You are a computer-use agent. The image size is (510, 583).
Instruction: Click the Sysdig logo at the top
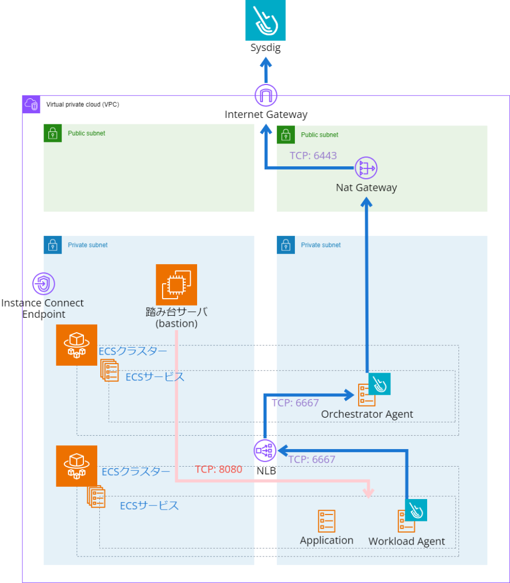coord(266,20)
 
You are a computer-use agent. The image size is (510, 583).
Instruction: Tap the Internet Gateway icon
coord(266,96)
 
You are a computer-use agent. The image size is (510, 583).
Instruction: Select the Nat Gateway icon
coord(366,168)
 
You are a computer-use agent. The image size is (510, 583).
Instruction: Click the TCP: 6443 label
coord(313,156)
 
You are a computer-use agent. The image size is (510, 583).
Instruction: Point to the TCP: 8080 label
coord(218,469)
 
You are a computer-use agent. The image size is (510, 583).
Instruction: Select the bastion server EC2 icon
coord(176,284)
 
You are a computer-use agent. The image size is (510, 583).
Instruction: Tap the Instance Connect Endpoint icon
coord(44,284)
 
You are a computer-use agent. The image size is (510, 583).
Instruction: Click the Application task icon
coord(326,521)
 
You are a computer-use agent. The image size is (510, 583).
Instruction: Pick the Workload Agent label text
coord(406,542)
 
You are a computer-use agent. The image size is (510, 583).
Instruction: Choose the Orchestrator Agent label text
coord(367,414)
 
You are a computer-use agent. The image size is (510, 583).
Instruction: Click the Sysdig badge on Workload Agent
coord(416,510)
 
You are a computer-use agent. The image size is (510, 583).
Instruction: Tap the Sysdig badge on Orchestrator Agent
coord(379,383)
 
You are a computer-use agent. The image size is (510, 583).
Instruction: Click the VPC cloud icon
coord(31,104)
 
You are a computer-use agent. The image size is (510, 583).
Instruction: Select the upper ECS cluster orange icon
coord(77,345)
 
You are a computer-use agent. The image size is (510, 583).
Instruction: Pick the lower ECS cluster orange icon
coord(77,466)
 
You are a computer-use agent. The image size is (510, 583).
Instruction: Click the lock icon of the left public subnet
coord(53,134)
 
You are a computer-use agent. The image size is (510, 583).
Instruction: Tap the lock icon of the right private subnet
coord(286,245)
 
